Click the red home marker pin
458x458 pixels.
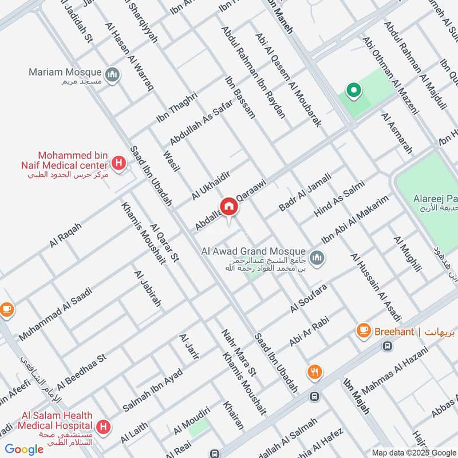228,208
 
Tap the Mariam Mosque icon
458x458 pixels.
113,75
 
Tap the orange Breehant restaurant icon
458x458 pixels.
362,330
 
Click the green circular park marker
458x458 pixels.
353,90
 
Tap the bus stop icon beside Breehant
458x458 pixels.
388,346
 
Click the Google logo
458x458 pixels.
24,449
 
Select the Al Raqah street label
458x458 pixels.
65,235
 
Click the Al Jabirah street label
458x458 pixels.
148,289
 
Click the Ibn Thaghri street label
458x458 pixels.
176,107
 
